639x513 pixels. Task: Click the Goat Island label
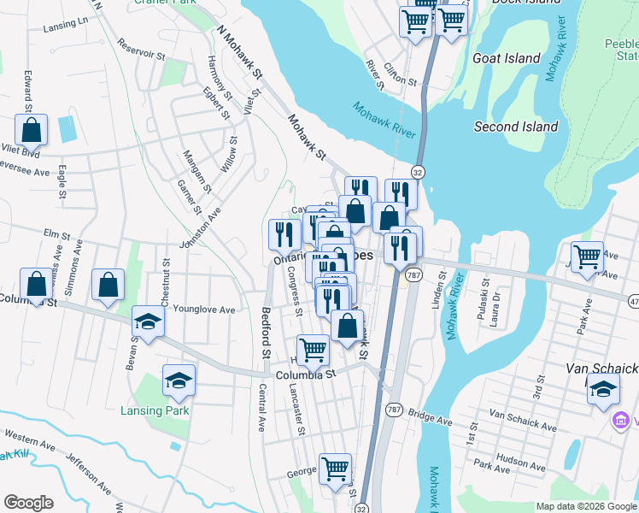(x=507, y=58)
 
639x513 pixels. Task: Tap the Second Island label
(x=516, y=127)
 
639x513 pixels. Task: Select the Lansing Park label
(x=154, y=410)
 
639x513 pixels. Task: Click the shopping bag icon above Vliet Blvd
(x=32, y=131)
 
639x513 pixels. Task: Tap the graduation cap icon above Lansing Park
(x=179, y=380)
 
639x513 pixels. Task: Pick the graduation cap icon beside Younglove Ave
(x=148, y=323)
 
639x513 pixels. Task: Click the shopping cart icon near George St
(x=335, y=468)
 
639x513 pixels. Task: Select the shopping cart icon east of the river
(x=587, y=256)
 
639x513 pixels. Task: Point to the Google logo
(x=28, y=502)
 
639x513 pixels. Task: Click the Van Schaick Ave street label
(x=523, y=414)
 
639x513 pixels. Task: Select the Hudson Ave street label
(x=520, y=458)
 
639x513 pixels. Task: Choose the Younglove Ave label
(x=203, y=310)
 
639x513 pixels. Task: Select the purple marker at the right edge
(x=621, y=421)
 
